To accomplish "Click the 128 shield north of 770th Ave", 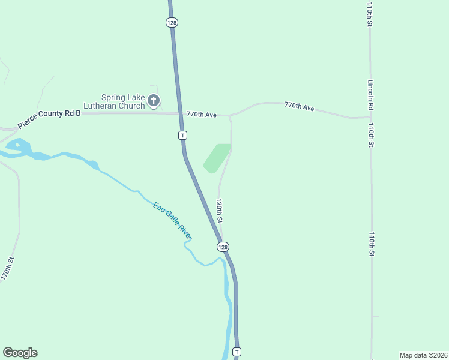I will coord(172,22).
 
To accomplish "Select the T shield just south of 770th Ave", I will coord(182,135).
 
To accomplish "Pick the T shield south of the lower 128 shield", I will coord(237,352).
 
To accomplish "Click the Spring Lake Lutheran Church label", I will coord(123,101).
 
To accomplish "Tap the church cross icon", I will coord(154,101).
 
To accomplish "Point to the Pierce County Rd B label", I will coord(49,118).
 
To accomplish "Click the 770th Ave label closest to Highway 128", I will coord(201,113).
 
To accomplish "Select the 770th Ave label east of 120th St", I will coord(300,106).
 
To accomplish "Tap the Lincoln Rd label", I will coord(372,95).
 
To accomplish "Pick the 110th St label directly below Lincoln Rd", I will coord(372,135).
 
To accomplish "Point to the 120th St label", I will coord(220,211).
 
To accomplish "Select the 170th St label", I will coord(7,268).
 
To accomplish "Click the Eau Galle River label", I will coord(172,221).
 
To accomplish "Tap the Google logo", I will coord(20,353).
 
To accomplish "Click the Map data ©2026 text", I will coord(423,355).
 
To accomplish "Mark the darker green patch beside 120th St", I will coord(217,158).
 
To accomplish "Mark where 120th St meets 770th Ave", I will coord(229,115).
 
